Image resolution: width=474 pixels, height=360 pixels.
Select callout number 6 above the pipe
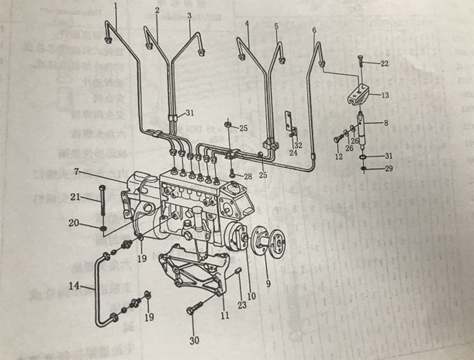click(x=313, y=30)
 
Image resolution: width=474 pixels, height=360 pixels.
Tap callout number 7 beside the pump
click(x=76, y=172)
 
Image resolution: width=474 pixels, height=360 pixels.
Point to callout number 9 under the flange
click(x=268, y=284)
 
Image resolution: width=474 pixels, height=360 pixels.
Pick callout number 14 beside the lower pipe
click(x=74, y=287)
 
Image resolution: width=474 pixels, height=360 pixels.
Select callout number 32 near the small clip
click(x=298, y=144)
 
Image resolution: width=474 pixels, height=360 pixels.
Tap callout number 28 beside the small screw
click(x=247, y=177)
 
